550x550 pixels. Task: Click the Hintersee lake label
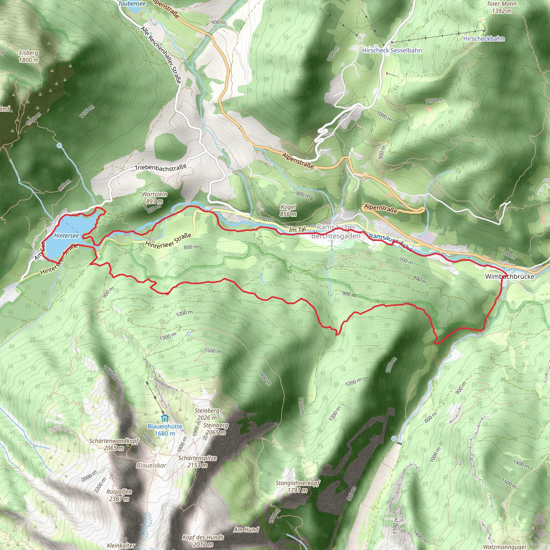click(x=66, y=236)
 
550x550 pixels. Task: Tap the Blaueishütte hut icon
click(x=165, y=418)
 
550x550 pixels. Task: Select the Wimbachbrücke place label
click(x=509, y=276)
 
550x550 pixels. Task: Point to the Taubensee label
click(x=132, y=3)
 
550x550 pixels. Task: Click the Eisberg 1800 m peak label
click(x=29, y=56)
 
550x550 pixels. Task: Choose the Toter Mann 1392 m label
click(x=502, y=7)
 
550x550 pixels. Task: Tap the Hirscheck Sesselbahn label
click(x=392, y=50)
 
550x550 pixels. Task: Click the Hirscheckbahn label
click(x=484, y=39)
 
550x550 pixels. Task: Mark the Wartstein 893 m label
click(x=155, y=198)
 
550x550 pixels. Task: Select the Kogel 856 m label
click(x=288, y=210)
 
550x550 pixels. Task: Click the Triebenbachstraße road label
click(x=161, y=168)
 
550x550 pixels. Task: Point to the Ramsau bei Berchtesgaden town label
click(x=336, y=231)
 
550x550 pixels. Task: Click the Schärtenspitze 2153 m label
click(x=197, y=461)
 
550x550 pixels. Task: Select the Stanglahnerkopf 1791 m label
click(x=298, y=487)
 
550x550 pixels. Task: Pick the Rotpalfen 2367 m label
click(x=119, y=495)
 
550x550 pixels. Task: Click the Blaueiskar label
click(x=151, y=465)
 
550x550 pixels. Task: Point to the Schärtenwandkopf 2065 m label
click(x=114, y=444)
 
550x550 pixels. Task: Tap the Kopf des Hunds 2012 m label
click(x=203, y=541)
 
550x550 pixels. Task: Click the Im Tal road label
click(x=298, y=229)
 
